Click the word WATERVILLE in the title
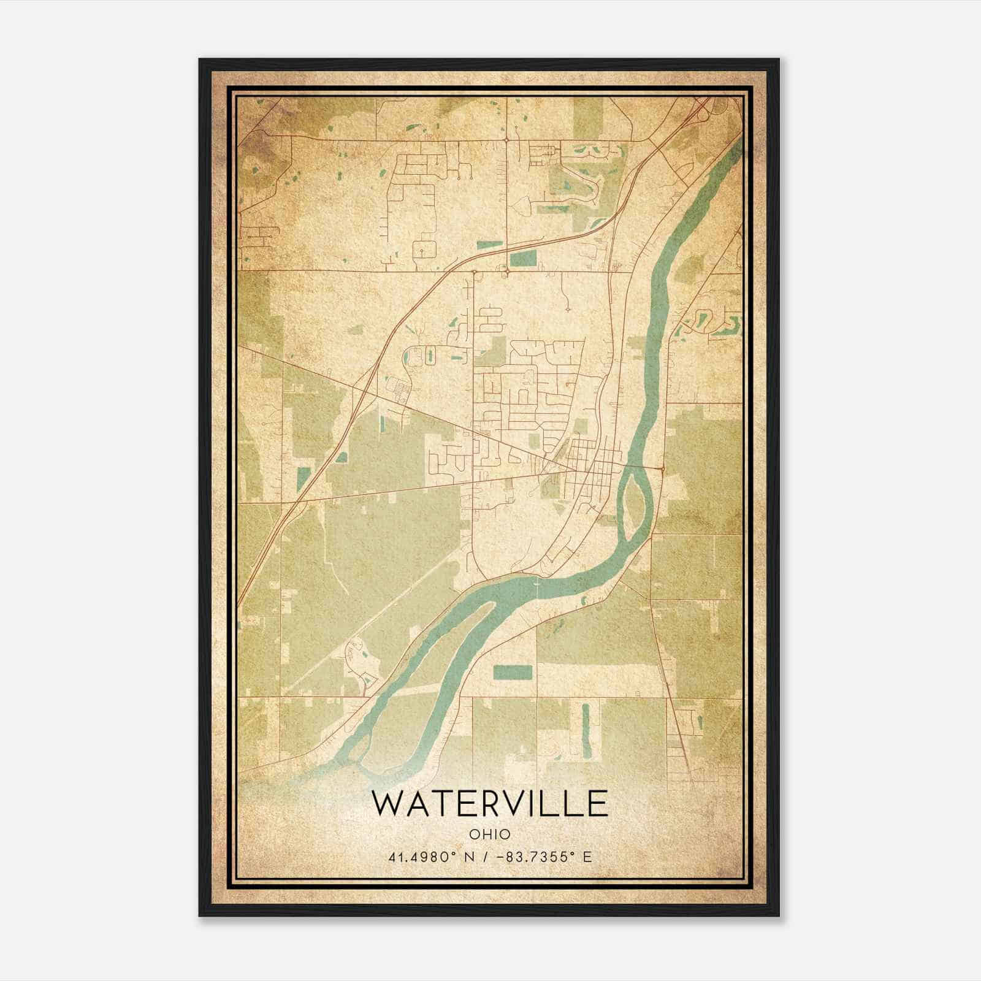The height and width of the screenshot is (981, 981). pos(490,804)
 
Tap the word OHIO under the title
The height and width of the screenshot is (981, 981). pos(490,834)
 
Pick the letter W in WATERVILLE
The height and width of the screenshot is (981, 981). pos(387,804)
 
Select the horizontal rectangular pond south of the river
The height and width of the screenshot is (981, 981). pos(513,672)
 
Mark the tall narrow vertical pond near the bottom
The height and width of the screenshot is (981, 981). pos(585,730)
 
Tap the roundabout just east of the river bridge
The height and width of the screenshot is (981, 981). pos(663,469)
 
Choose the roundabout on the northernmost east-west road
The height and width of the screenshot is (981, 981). pos(507,140)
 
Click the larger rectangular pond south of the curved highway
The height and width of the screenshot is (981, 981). pos(522,259)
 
